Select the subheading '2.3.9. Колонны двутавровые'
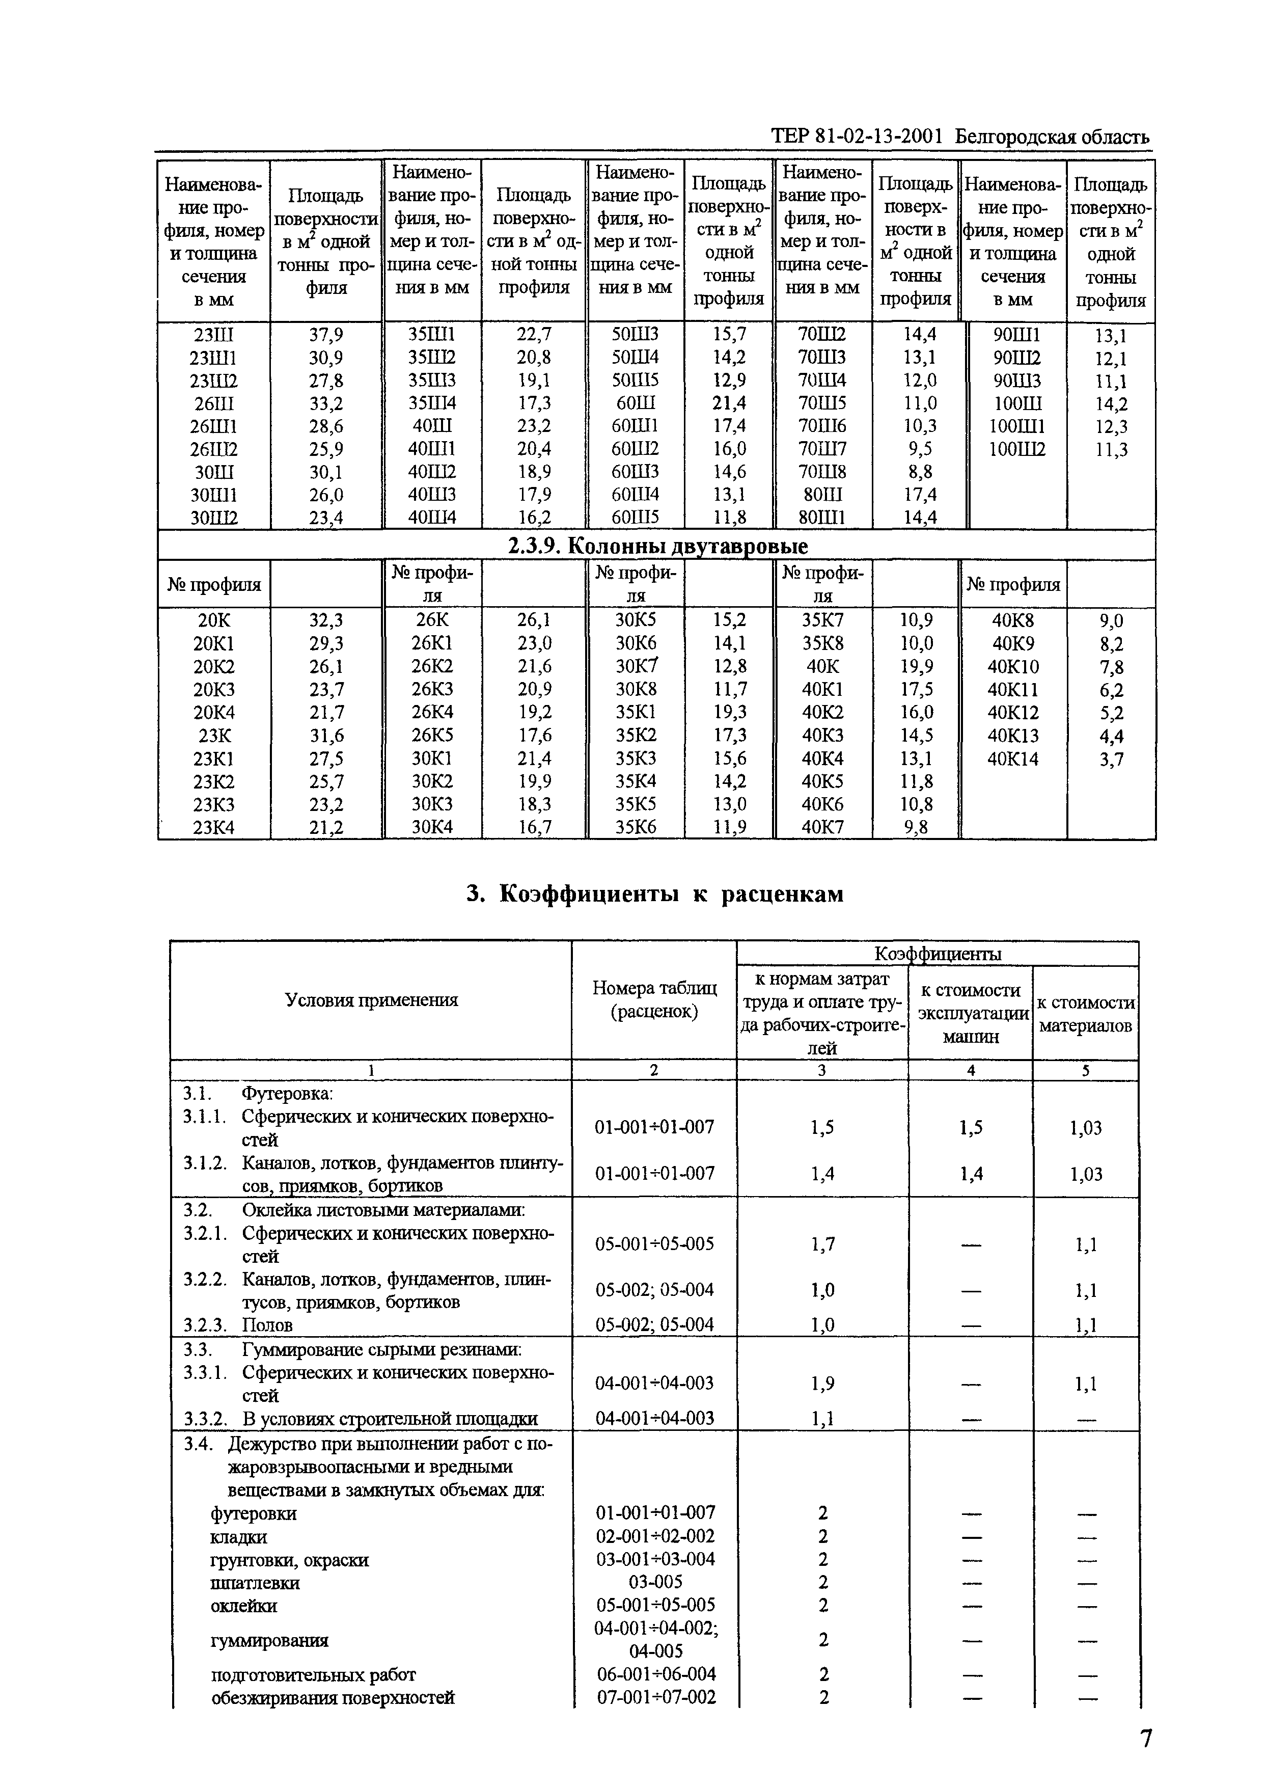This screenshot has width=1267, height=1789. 657,546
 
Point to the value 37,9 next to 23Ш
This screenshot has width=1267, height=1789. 325,335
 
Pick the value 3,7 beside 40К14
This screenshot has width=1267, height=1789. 1111,759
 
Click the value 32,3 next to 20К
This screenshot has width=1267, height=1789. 325,620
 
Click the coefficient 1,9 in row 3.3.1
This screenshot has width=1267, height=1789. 822,1384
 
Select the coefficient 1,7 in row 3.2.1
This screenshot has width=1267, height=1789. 822,1243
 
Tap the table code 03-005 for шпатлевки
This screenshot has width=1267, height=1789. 654,1582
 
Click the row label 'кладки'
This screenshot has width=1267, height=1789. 239,1537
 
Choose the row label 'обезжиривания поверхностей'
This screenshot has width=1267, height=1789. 333,1698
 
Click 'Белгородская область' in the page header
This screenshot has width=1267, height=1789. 1052,138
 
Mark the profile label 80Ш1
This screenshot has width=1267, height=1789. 823,517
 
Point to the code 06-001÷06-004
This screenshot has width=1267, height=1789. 654,1674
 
